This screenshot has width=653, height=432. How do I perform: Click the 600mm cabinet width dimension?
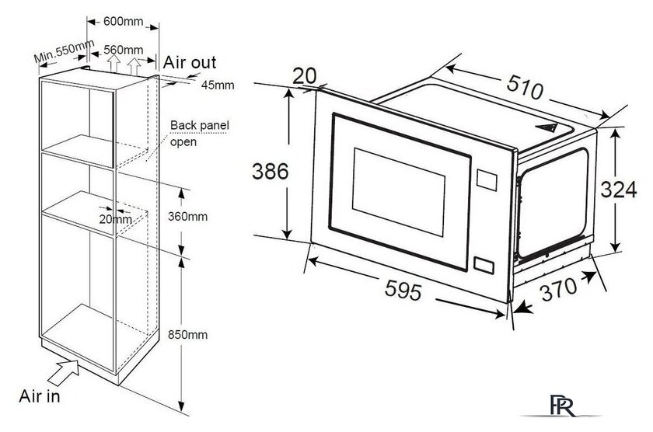click(124, 21)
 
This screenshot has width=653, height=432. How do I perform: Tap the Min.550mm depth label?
click(64, 51)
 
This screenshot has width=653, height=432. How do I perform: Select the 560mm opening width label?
click(124, 50)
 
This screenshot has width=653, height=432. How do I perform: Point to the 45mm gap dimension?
click(218, 85)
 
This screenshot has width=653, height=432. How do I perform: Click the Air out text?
click(190, 62)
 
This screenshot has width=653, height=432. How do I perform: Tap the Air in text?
click(40, 396)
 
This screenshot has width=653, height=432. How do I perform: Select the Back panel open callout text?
click(200, 133)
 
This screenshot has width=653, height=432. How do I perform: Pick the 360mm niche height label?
click(187, 217)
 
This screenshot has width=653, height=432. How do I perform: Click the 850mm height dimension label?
click(187, 335)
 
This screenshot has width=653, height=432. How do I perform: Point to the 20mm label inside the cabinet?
click(115, 219)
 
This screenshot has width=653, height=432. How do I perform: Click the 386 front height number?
click(271, 172)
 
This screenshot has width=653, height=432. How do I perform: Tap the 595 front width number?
click(403, 290)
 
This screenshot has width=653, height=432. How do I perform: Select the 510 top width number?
click(526, 88)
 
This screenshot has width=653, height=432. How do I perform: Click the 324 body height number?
click(619, 190)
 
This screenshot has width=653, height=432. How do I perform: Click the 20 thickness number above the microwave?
click(305, 76)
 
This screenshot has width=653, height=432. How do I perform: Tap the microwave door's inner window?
click(399, 191)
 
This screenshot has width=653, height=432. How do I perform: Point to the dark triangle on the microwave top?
click(546, 127)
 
